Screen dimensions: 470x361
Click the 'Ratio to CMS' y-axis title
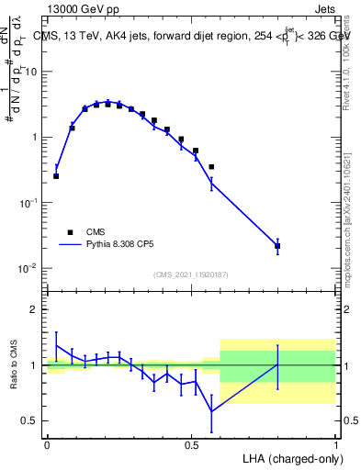point(14,364)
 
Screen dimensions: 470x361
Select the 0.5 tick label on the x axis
point(191,444)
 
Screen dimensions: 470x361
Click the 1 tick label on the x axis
point(335,444)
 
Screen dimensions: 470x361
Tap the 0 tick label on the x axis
point(47,444)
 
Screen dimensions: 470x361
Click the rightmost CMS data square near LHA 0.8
point(277,246)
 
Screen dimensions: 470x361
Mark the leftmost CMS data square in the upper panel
point(56,175)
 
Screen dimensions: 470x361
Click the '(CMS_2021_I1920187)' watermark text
point(190,274)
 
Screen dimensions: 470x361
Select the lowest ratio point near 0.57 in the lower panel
point(211,410)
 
